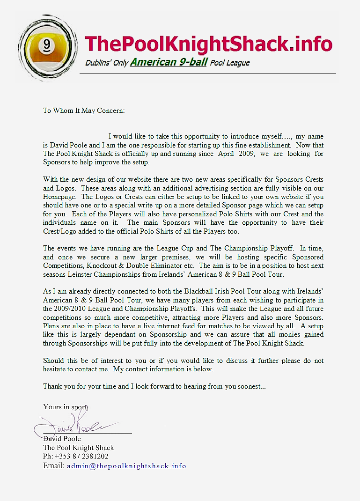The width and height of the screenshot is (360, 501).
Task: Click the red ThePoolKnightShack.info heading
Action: [208, 44]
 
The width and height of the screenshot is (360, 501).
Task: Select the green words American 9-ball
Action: [169, 62]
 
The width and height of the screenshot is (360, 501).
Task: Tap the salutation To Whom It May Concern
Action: [84, 111]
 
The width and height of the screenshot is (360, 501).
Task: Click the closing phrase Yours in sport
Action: [66, 407]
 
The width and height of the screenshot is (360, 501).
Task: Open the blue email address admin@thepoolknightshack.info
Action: [126, 466]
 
